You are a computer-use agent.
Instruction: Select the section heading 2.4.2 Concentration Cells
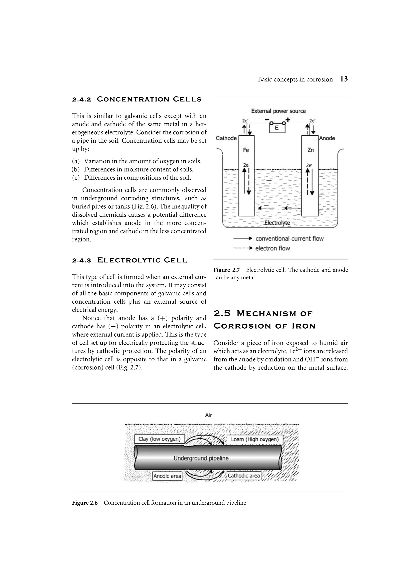[x=137, y=99]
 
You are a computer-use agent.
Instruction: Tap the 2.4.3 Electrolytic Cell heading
[x=129, y=260]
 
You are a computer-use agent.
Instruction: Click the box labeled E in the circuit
[x=277, y=128]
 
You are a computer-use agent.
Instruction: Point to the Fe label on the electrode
[x=246, y=150]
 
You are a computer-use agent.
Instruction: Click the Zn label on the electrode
[x=311, y=150]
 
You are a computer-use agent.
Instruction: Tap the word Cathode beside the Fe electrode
[x=226, y=138]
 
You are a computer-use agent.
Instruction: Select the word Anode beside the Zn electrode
[x=327, y=138]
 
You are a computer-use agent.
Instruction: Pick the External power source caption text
[x=278, y=111]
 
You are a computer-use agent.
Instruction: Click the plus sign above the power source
[x=288, y=119]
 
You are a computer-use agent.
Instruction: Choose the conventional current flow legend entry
[x=289, y=239]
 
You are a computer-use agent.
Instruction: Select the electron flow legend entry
[x=273, y=248]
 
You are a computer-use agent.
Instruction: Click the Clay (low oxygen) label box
[x=160, y=439]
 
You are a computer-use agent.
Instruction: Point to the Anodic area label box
[x=167, y=476]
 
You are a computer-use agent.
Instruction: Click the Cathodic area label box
[x=244, y=476]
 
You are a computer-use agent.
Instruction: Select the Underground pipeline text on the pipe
[x=201, y=458]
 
